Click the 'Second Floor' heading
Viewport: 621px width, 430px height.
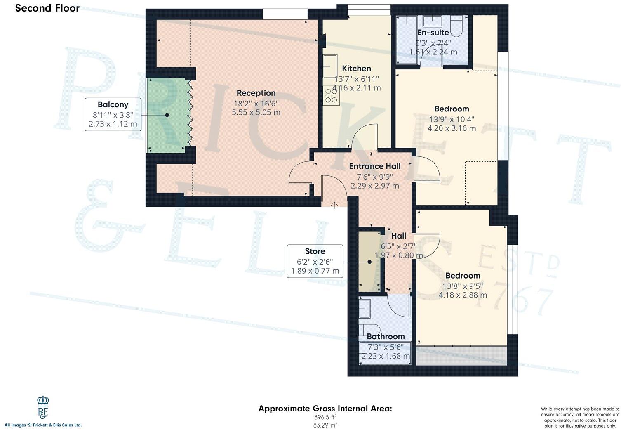[x=47, y=8]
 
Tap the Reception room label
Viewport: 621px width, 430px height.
[x=256, y=93]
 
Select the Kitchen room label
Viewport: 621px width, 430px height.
[x=356, y=69]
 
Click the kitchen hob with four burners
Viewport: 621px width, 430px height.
[x=331, y=96]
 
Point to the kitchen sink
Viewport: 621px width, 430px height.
[x=329, y=66]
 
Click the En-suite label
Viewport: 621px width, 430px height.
[x=433, y=33]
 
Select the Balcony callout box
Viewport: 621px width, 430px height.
[x=113, y=114]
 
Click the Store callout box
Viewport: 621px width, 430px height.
[x=315, y=261]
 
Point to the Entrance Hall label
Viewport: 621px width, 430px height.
[x=374, y=166]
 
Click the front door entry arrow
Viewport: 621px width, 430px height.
[x=334, y=204]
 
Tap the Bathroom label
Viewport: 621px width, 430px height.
[x=386, y=336]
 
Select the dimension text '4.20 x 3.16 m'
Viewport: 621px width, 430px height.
[x=452, y=128]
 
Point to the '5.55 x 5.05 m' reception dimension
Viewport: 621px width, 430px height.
[x=256, y=112]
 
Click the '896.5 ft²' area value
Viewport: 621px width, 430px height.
[x=325, y=417]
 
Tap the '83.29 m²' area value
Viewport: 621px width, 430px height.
[x=325, y=425]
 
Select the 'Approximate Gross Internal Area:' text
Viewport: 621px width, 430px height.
[x=325, y=409]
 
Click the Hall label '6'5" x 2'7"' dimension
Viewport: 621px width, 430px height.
[x=398, y=246]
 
